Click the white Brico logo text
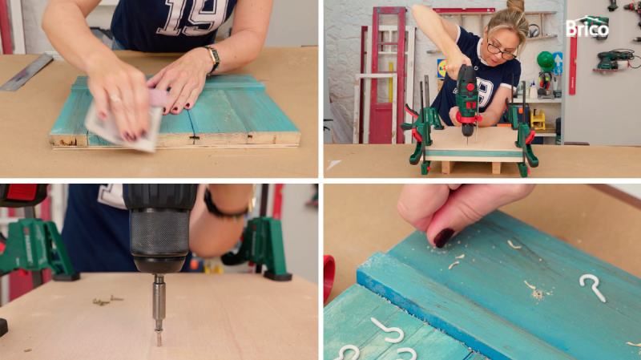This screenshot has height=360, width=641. tap(587, 29)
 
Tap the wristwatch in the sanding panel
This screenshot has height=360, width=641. tap(212, 59)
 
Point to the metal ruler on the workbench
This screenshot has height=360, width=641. tap(27, 72)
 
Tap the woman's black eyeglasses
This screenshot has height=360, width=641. tap(502, 51)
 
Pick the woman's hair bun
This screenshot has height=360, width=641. tap(515, 6)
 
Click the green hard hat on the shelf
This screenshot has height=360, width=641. tap(546, 62)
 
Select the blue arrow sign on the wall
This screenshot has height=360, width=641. tap(558, 63)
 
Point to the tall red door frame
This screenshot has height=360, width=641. tap(387, 74)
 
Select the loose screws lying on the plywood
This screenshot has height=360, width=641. tap(107, 301)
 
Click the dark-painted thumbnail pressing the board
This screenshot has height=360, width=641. tap(443, 237)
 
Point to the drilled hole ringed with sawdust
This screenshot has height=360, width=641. tap(537, 293)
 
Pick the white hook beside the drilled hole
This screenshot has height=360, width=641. tap(593, 287)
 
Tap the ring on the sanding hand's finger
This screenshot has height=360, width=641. tap(115, 99)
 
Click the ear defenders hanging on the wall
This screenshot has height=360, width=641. tap(533, 30)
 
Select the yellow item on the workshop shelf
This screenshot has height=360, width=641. tap(538, 119)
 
